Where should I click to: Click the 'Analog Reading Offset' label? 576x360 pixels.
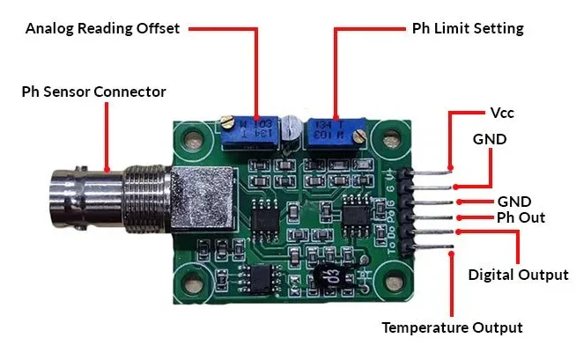pos(102,28)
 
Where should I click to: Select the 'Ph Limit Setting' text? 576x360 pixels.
pos(468,28)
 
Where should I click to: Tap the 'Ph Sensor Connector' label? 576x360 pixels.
pos(93,92)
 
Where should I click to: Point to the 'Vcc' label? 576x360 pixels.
pos(501,114)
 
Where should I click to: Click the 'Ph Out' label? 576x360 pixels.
pos(521,217)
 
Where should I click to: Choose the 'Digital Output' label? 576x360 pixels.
pos(518,275)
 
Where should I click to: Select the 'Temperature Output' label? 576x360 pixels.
pos(452,327)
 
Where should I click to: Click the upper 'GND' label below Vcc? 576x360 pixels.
pos(490,139)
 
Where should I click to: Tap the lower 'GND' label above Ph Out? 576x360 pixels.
pos(514,200)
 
